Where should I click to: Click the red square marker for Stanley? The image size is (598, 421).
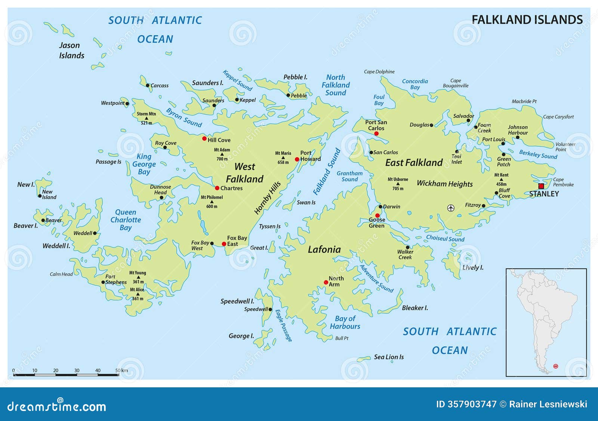(541, 186)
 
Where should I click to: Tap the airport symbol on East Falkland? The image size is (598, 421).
(451, 208)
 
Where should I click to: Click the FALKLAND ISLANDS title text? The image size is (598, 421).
(527, 19)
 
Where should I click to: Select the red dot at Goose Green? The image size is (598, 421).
(377, 216)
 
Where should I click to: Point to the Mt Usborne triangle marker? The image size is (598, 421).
(398, 184)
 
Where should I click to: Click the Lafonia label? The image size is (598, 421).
(324, 250)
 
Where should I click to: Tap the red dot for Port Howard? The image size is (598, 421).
(297, 159)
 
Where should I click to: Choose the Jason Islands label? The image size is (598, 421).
(71, 51)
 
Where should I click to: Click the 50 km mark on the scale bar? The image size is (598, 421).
(119, 374)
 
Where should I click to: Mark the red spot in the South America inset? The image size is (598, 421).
(556, 366)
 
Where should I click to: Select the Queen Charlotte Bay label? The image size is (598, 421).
(126, 220)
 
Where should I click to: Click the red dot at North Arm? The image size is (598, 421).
(326, 282)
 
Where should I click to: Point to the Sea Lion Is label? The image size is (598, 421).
(389, 357)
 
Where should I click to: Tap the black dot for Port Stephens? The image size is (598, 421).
(103, 282)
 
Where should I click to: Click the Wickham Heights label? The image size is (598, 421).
(444, 184)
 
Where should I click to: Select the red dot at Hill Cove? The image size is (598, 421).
(204, 138)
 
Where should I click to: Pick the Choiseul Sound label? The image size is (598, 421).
(445, 238)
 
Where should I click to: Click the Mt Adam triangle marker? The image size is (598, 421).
(222, 154)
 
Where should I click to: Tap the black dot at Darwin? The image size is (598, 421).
(380, 207)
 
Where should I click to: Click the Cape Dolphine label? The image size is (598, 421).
(379, 71)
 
